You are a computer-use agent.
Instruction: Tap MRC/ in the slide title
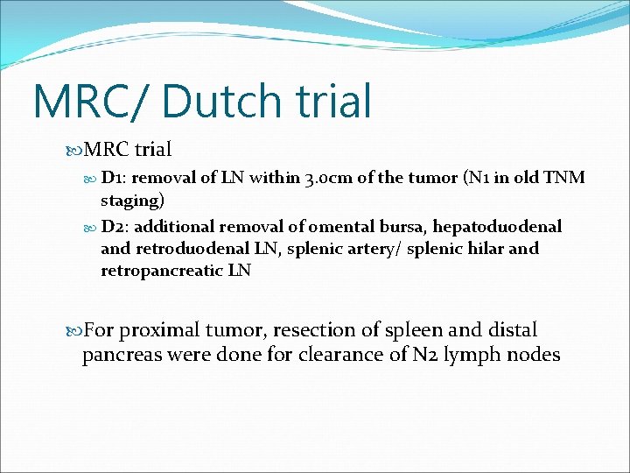(92, 101)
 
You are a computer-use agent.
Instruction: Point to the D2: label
(118, 227)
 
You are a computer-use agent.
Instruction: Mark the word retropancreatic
(162, 271)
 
